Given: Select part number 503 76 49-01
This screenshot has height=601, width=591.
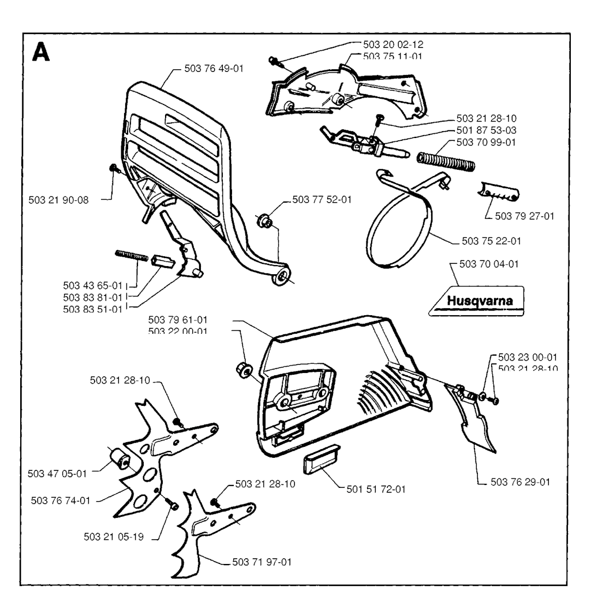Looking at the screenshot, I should (x=214, y=68).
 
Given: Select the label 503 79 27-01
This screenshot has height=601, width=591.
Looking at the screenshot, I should (x=524, y=217).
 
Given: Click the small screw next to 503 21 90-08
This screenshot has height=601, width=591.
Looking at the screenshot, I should (x=113, y=168).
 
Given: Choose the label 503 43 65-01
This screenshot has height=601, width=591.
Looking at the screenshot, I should (x=93, y=285).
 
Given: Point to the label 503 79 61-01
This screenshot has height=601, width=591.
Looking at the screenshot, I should (x=178, y=319).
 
